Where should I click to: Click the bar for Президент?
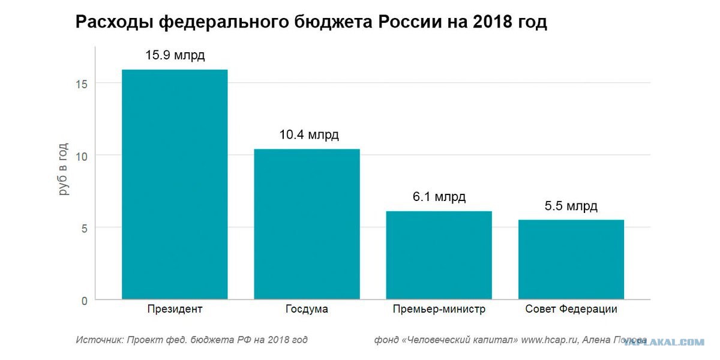coord(175,185)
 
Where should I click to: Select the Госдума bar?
coord(307,224)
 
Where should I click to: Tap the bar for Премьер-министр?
coord(439,255)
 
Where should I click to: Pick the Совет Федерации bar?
coord(571,260)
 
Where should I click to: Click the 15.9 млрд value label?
coord(175,55)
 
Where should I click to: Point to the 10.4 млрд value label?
coord(309,134)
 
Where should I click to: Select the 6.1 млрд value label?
coord(439,197)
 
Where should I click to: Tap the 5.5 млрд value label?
coord(571,206)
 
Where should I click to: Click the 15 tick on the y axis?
coord(82,84)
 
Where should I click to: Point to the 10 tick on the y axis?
coord(82,157)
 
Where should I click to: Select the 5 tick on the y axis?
coord(85,229)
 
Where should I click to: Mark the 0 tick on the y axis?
coord(85,301)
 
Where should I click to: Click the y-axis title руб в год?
coord(64,169)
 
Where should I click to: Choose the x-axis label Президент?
coord(175,309)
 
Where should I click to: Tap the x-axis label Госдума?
coord(307,309)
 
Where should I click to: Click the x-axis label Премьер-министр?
coord(439,309)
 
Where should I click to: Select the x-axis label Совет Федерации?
coord(571,309)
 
